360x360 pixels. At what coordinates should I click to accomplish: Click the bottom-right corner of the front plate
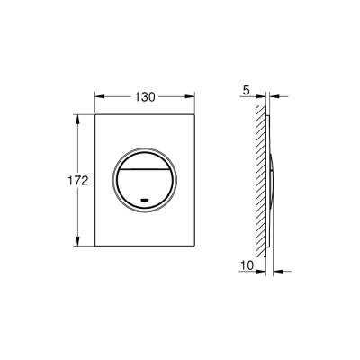(x=196, y=248)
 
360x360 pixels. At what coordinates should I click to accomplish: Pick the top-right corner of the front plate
(x=196, y=113)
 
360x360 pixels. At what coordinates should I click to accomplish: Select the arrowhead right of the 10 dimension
(x=280, y=267)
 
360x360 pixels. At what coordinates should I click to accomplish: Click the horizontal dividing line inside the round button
(x=146, y=168)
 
